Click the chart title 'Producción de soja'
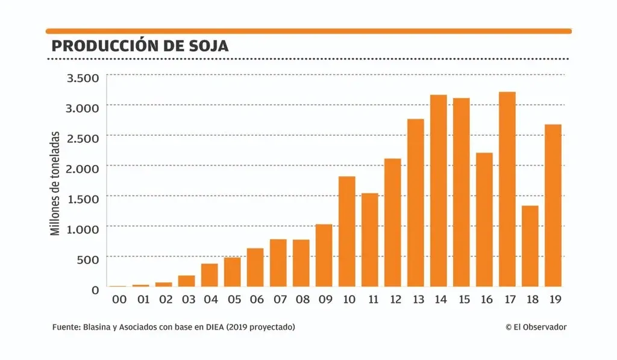coord(140,46)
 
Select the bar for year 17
coord(507,189)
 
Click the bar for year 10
coord(346,232)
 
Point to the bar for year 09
coord(324,255)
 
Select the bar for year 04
coord(209,275)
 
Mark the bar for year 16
coord(484,219)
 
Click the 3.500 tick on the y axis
coord(83,78)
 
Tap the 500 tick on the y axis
coord(87,260)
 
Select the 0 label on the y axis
coord(95,290)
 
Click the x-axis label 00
coord(119,299)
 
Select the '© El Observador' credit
coord(536,327)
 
